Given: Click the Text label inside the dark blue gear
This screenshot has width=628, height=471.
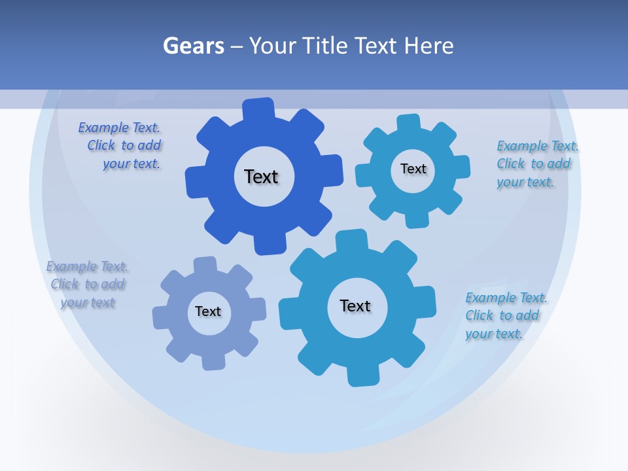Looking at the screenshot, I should (261, 177).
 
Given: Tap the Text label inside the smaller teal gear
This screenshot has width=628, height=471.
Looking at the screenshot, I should (413, 169).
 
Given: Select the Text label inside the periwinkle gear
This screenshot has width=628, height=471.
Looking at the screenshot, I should (208, 311).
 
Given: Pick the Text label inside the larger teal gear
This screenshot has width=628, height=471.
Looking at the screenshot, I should (355, 305).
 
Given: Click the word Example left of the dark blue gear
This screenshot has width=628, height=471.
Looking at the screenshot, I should (104, 128).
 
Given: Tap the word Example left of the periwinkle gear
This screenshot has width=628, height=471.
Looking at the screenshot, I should (72, 266).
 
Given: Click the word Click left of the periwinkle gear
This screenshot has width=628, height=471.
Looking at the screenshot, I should (65, 284).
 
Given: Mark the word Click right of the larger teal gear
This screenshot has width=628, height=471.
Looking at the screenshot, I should (480, 315).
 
